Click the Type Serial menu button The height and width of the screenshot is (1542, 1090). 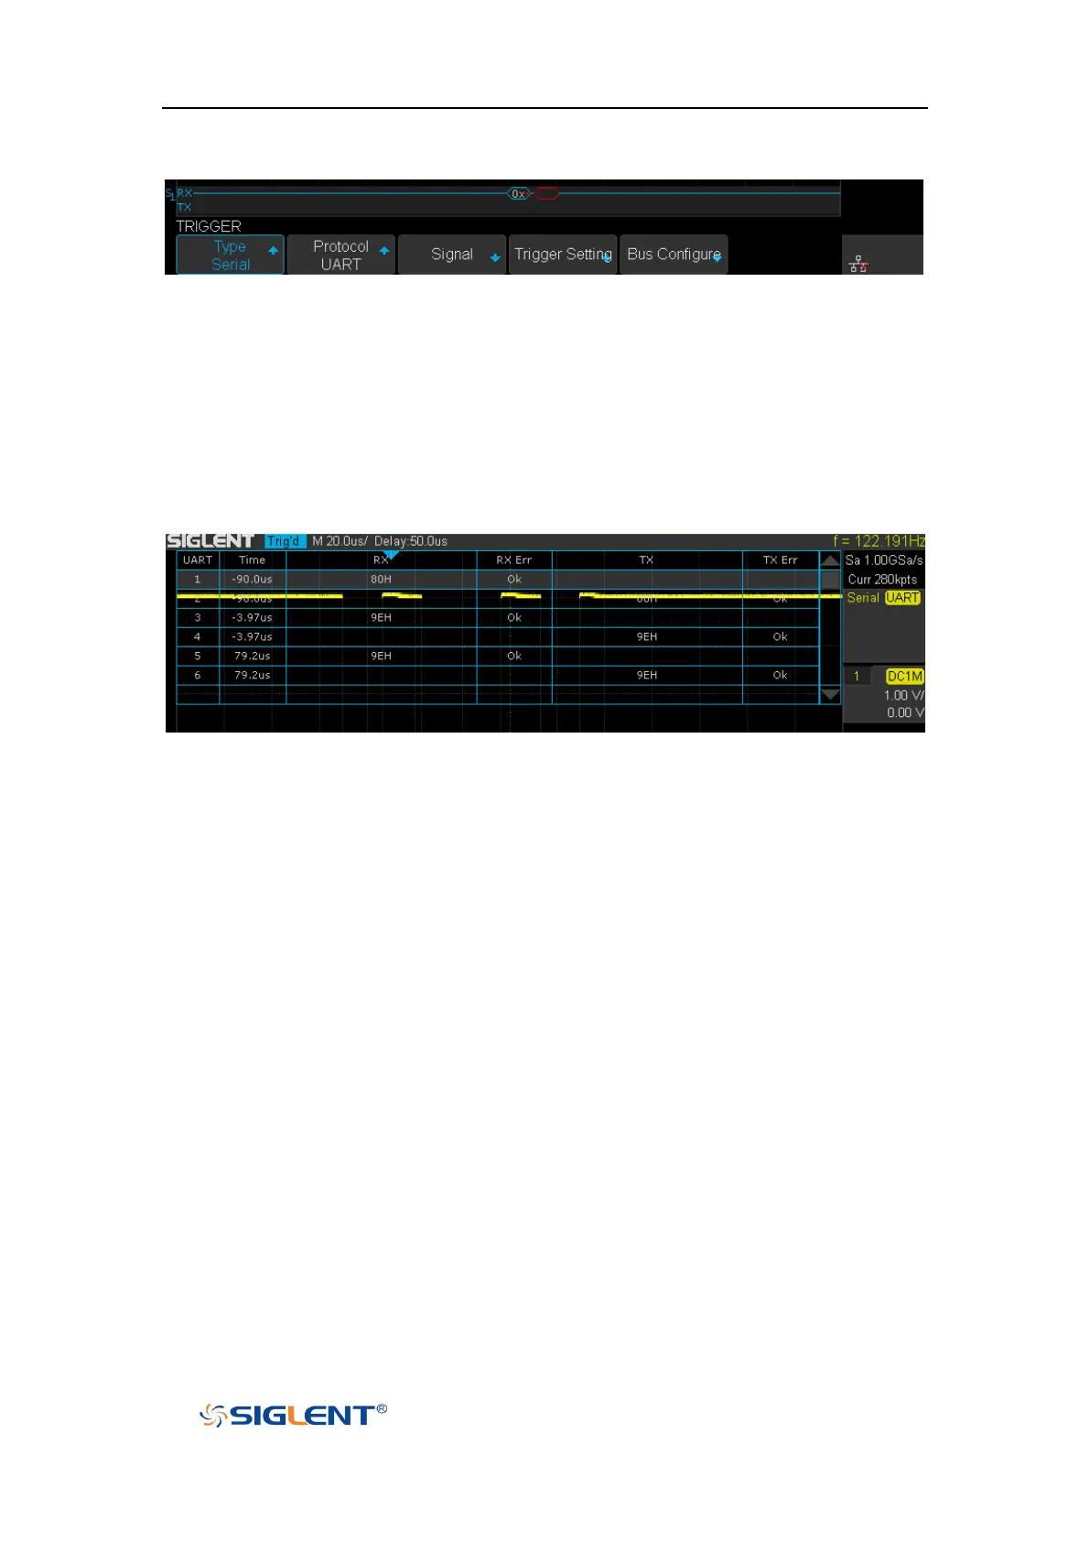coord(230,255)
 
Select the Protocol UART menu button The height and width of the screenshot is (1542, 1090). coord(340,255)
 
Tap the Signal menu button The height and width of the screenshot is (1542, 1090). coord(452,255)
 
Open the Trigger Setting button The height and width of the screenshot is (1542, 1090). coord(563,255)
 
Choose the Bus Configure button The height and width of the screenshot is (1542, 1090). coord(674,255)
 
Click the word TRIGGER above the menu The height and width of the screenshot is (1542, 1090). coord(209,226)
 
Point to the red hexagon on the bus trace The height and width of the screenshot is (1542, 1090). coord(546,194)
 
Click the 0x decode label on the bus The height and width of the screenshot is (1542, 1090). coord(518,194)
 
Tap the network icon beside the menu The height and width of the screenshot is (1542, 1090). coord(858,265)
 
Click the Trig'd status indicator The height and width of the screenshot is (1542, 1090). coord(285,541)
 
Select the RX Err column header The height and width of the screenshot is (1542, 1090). coord(513,560)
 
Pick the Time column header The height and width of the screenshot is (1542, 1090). coord(252,560)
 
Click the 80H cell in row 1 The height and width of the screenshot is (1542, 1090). coord(381,580)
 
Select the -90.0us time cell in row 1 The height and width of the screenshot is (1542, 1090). coord(252,580)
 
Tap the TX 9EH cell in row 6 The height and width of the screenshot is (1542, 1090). coord(646,676)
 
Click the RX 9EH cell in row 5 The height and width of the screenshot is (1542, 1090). coord(381,657)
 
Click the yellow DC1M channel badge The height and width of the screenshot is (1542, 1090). coord(904,677)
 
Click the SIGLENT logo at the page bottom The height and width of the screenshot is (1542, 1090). coord(293,1416)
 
